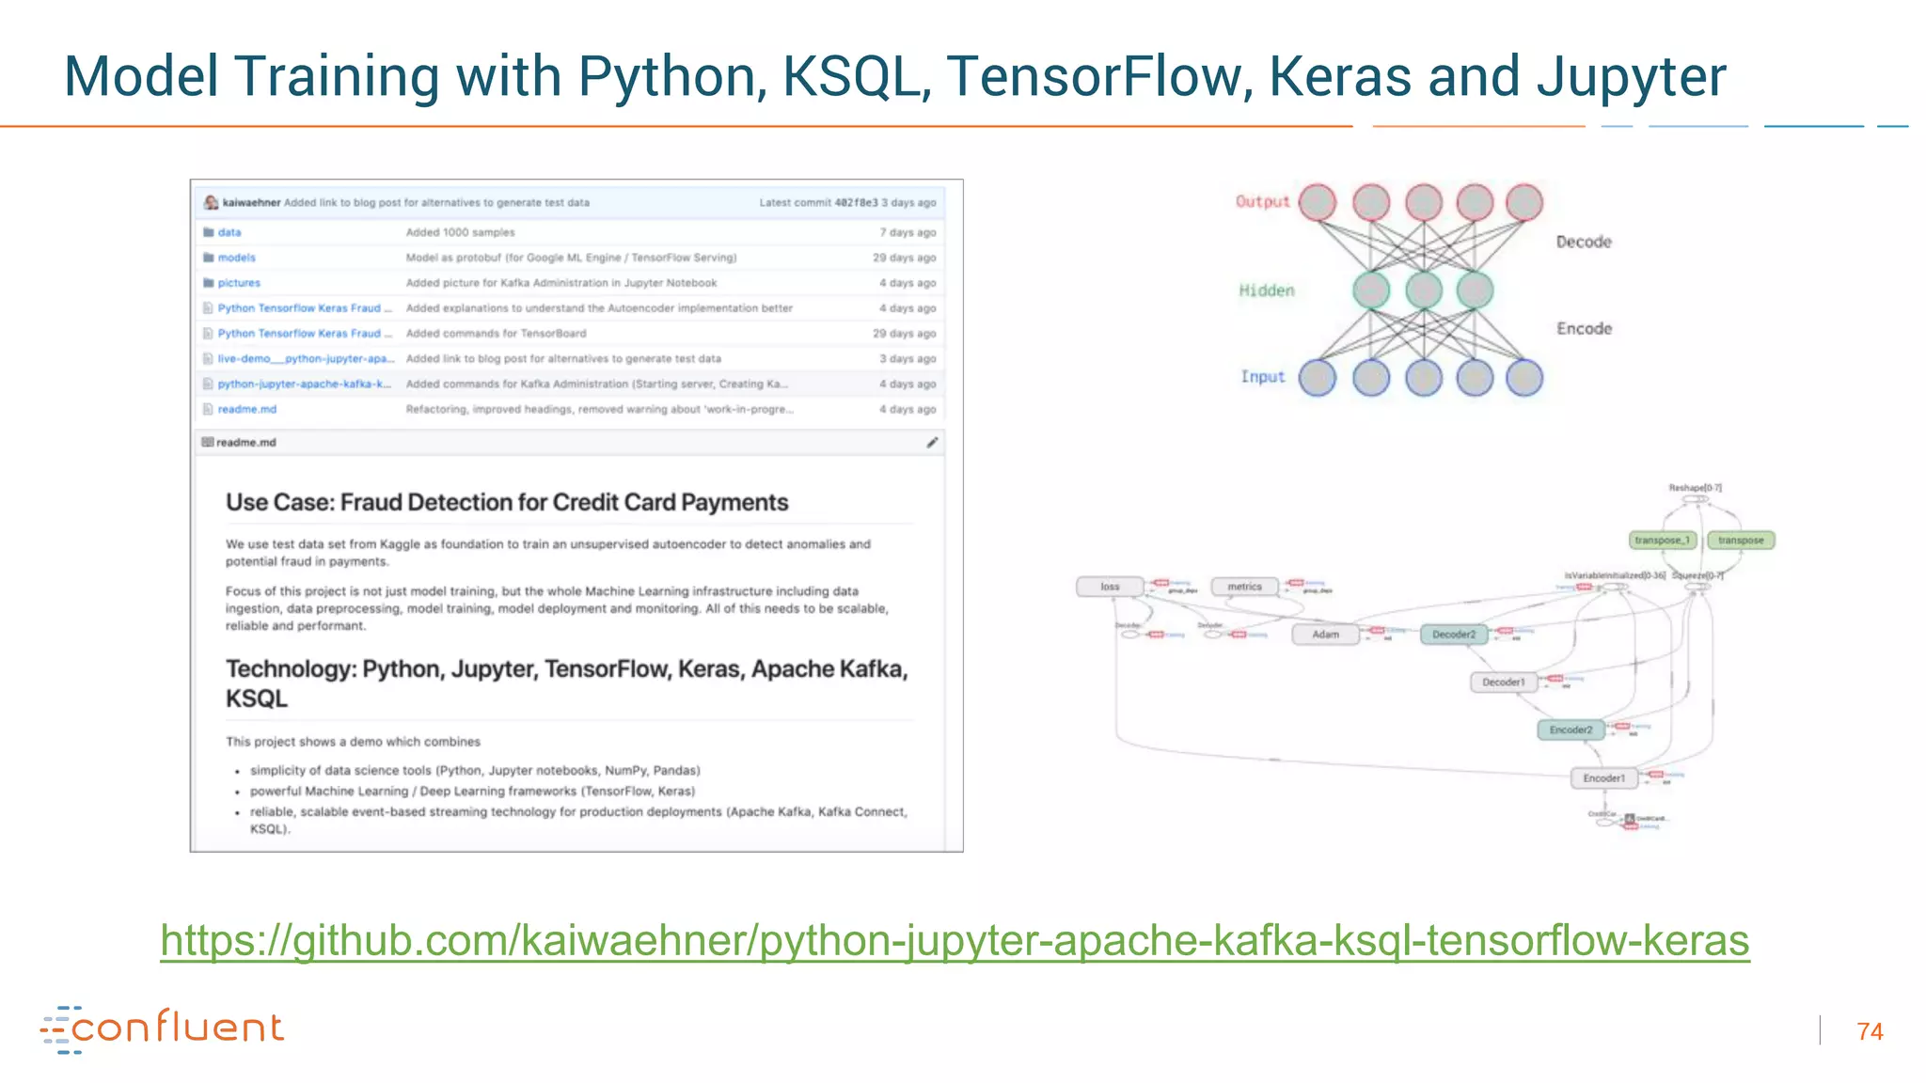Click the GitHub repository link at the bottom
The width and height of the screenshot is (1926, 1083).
954,940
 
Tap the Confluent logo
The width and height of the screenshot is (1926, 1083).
162,1028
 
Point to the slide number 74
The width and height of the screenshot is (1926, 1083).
1870,1031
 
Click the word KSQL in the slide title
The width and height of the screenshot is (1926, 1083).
850,76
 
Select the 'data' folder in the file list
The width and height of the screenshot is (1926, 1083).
229,232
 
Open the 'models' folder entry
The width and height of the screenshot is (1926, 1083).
236,258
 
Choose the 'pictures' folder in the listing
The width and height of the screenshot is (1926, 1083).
239,283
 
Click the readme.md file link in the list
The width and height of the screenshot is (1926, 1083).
246,409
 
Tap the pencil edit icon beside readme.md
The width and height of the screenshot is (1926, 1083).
932,443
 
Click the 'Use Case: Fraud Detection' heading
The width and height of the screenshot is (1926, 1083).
507,503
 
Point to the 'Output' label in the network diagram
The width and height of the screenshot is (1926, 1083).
1262,201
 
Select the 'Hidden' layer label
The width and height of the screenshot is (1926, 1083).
1266,290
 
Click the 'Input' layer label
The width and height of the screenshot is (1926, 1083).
1262,377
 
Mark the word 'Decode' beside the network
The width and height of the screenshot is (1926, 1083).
1584,242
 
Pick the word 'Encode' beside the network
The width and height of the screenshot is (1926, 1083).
1584,328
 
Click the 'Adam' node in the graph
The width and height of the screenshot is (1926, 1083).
1325,635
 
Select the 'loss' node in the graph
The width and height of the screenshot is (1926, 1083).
1110,587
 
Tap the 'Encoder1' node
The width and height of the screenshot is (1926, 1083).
1603,778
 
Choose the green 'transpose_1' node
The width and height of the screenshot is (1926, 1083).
1662,541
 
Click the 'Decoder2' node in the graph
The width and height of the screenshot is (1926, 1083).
1454,635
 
